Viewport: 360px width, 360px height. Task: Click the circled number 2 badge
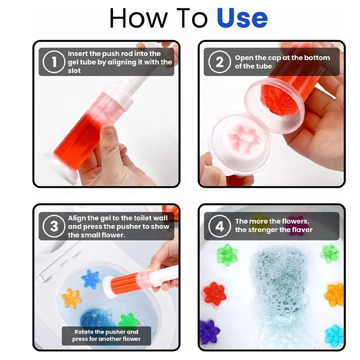coord(219,62)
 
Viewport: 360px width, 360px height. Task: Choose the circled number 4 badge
coord(219,226)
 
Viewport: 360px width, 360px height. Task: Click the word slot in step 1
coord(75,71)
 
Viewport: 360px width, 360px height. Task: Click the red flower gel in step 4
coord(214,293)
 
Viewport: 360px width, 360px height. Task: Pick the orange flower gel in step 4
coord(334,294)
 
